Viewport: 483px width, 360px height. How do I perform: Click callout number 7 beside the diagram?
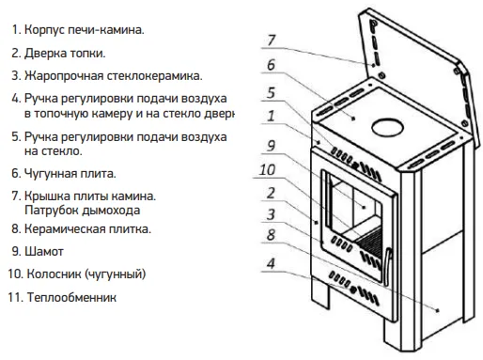[x=272, y=40]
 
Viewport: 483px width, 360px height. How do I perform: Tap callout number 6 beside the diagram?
[x=271, y=65]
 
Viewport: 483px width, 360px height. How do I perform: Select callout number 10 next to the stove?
[x=267, y=170]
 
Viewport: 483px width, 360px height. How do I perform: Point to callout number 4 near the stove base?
[x=271, y=263]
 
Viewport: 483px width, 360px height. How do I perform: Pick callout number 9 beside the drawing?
[x=272, y=146]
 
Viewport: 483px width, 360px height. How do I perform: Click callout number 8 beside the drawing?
[x=271, y=235]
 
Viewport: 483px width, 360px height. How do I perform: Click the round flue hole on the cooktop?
[x=387, y=128]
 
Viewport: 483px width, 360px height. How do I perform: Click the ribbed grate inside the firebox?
[x=369, y=242]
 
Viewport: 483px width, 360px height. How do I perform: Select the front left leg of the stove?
[x=320, y=293]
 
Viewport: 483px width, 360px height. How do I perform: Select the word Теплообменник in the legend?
[x=71, y=297]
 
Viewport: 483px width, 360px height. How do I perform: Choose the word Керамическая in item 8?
[x=65, y=229]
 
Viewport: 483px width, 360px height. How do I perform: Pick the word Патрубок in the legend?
[x=52, y=211]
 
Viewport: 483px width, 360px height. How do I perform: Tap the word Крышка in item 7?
[x=47, y=196]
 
